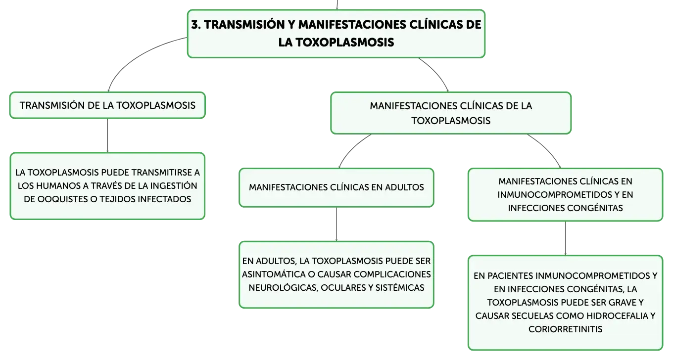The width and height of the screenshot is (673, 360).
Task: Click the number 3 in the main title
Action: (x=195, y=25)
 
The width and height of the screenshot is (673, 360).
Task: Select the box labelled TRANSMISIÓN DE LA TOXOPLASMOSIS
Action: (x=107, y=105)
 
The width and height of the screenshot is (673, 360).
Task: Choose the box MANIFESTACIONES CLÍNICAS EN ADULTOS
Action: (x=336, y=187)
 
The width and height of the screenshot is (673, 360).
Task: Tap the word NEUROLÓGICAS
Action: (x=283, y=288)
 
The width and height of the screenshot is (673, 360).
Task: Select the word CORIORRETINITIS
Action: (x=566, y=329)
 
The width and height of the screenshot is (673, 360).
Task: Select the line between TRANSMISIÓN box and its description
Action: (x=107, y=135)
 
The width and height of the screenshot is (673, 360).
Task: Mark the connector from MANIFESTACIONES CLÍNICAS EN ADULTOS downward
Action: (x=336, y=224)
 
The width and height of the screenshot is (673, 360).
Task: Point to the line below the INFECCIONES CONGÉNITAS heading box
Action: (x=566, y=238)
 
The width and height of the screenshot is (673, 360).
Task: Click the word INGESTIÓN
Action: (x=173, y=186)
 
